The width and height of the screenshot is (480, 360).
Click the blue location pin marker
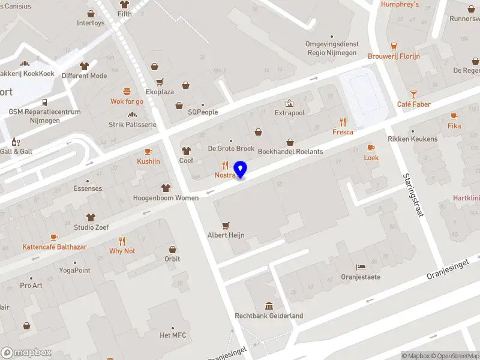click(x=241, y=169)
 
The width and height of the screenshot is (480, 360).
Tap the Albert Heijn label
click(x=226, y=236)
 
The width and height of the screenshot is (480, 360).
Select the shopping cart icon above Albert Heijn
click(x=226, y=225)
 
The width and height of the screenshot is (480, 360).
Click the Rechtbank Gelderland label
click(x=269, y=316)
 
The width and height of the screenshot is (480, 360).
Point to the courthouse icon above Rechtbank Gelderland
click(x=269, y=305)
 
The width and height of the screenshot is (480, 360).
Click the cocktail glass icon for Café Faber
click(x=413, y=94)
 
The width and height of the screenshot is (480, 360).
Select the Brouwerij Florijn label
click(x=394, y=56)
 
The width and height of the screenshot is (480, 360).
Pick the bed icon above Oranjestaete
click(x=361, y=266)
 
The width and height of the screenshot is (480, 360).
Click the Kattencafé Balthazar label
click(x=55, y=247)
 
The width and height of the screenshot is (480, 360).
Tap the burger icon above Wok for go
click(x=127, y=91)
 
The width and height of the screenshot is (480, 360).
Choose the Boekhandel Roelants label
click(x=290, y=151)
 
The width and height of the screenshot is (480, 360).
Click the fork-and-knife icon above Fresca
click(x=343, y=121)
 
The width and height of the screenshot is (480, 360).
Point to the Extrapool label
click(x=290, y=113)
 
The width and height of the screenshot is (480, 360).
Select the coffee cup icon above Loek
click(x=371, y=147)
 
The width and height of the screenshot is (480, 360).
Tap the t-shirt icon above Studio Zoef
click(x=91, y=217)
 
